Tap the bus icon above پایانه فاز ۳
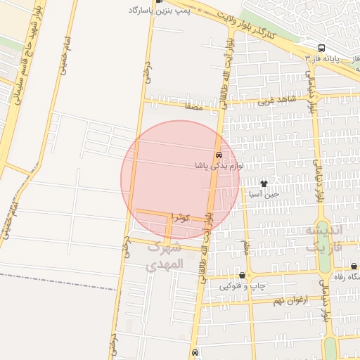tap(321, 49)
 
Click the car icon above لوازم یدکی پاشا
tap(219, 155)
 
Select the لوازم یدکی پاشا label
tap(219, 166)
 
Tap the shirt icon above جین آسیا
tap(264, 183)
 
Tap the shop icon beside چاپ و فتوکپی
tap(243, 276)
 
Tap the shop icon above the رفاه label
tap(353, 266)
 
